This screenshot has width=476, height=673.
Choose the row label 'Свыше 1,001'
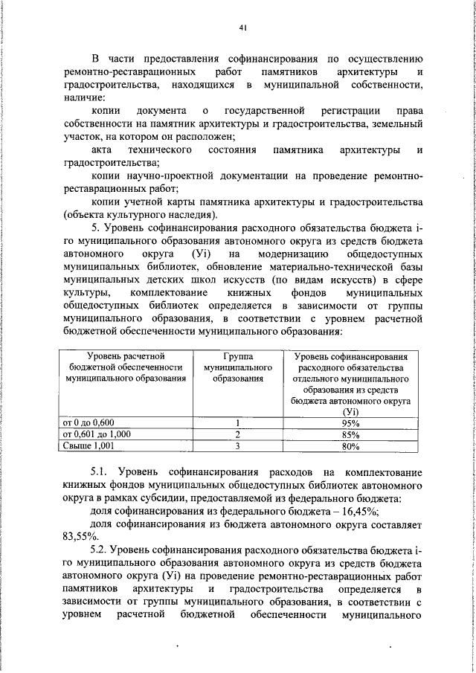89,446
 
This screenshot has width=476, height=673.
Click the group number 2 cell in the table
237,434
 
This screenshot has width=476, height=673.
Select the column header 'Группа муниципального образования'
237,367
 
